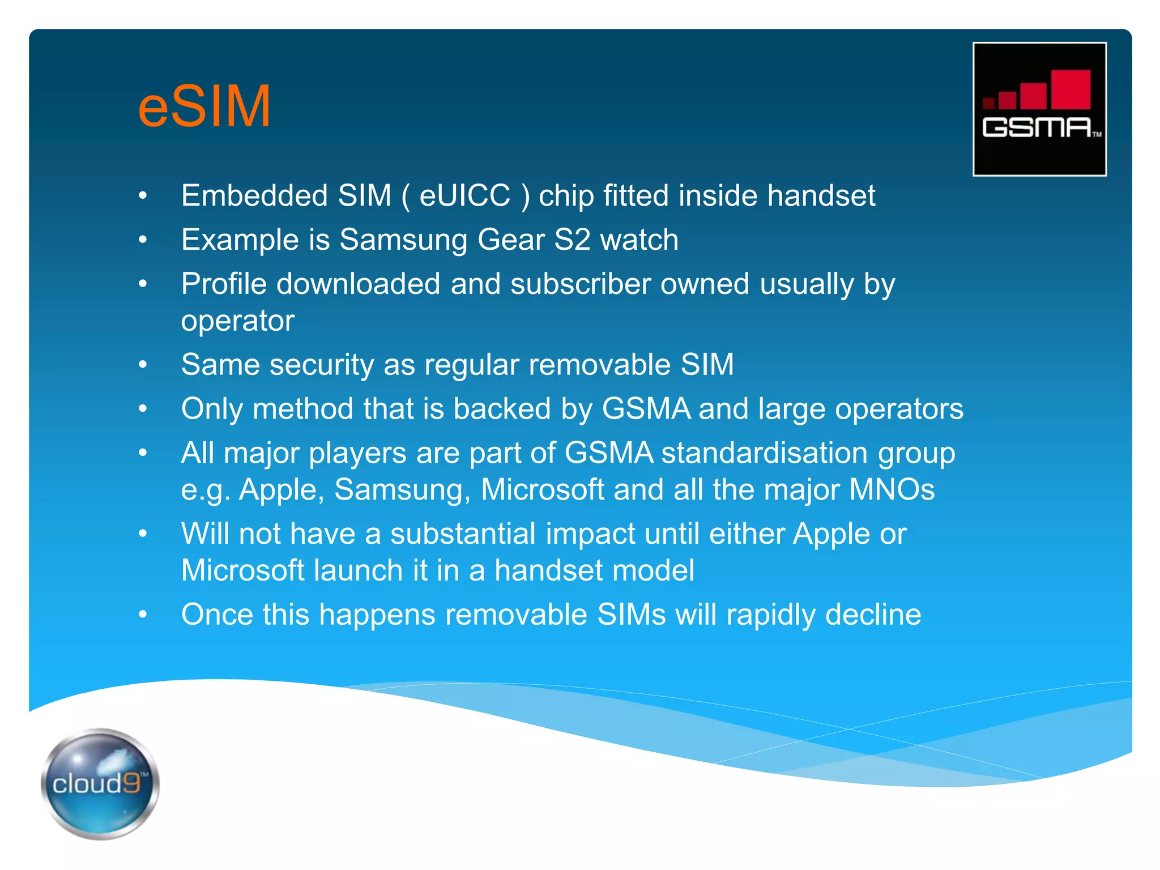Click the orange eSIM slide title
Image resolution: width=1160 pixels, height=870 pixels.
(204, 106)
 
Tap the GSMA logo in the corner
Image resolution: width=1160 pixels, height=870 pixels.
(1039, 109)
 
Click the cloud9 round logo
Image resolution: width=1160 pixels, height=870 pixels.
(100, 783)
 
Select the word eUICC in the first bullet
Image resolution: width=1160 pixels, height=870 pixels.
(464, 195)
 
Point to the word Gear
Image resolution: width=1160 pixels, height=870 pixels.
(511, 240)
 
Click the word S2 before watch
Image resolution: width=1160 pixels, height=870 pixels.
(572, 240)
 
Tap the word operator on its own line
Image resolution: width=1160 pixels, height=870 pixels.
(238, 322)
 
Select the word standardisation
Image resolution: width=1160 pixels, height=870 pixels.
(765, 453)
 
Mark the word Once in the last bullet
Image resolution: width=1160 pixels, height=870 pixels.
(217, 615)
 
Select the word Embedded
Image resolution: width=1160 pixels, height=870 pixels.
(254, 195)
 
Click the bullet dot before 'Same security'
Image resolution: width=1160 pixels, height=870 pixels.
(143, 365)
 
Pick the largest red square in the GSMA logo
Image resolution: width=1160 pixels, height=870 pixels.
(1071, 89)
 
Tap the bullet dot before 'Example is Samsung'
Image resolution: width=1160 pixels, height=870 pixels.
(143, 240)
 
